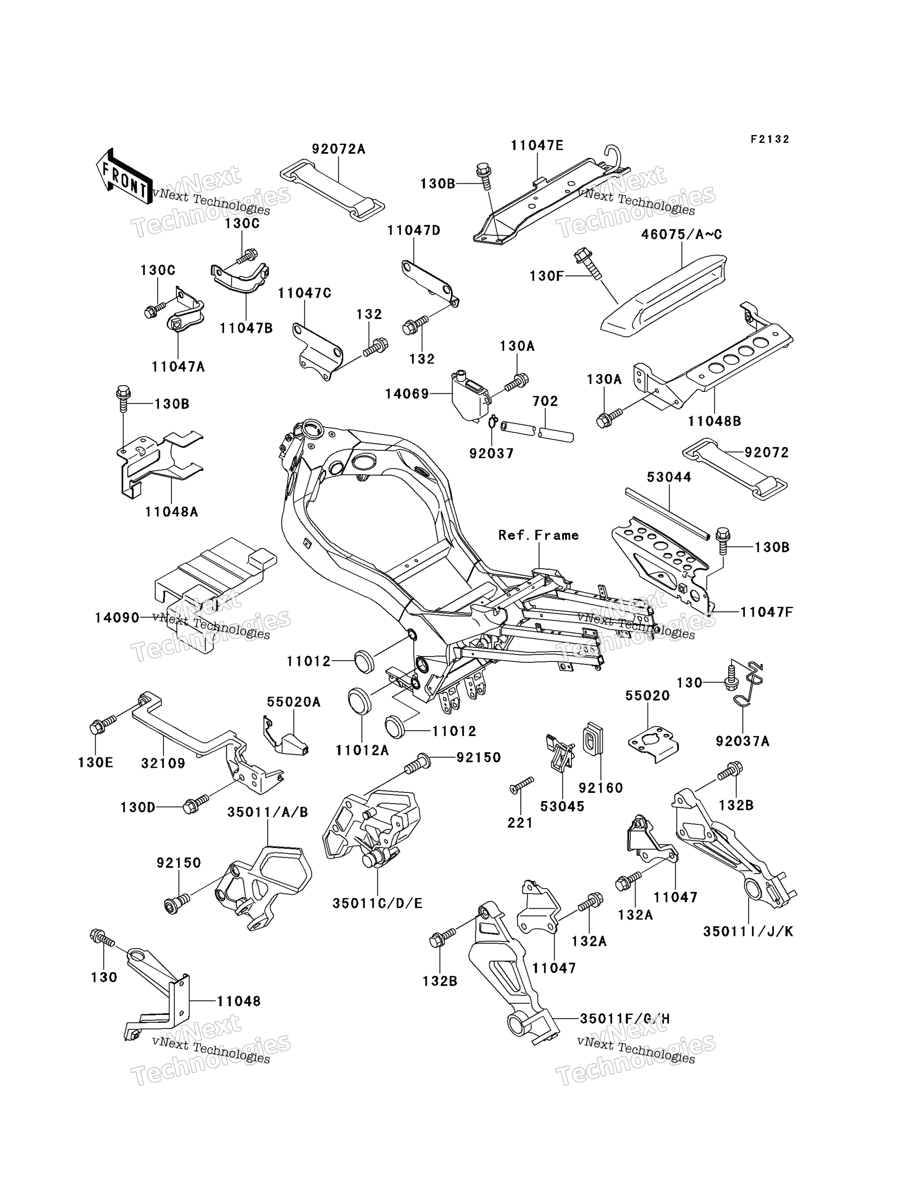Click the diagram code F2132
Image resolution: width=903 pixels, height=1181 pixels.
tap(770, 140)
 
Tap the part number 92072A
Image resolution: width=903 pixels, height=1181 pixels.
tap(339, 149)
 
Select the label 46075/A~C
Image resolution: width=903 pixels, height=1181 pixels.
tap(681, 234)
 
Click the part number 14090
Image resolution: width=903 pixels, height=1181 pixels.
tap(117, 617)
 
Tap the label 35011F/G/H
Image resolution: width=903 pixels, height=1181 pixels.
tap(625, 1019)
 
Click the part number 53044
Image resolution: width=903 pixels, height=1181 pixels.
tap(669, 477)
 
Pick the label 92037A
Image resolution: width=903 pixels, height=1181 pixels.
tap(743, 741)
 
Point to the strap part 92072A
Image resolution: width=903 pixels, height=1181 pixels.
tap(332, 190)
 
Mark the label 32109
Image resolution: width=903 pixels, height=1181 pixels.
tap(164, 763)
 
